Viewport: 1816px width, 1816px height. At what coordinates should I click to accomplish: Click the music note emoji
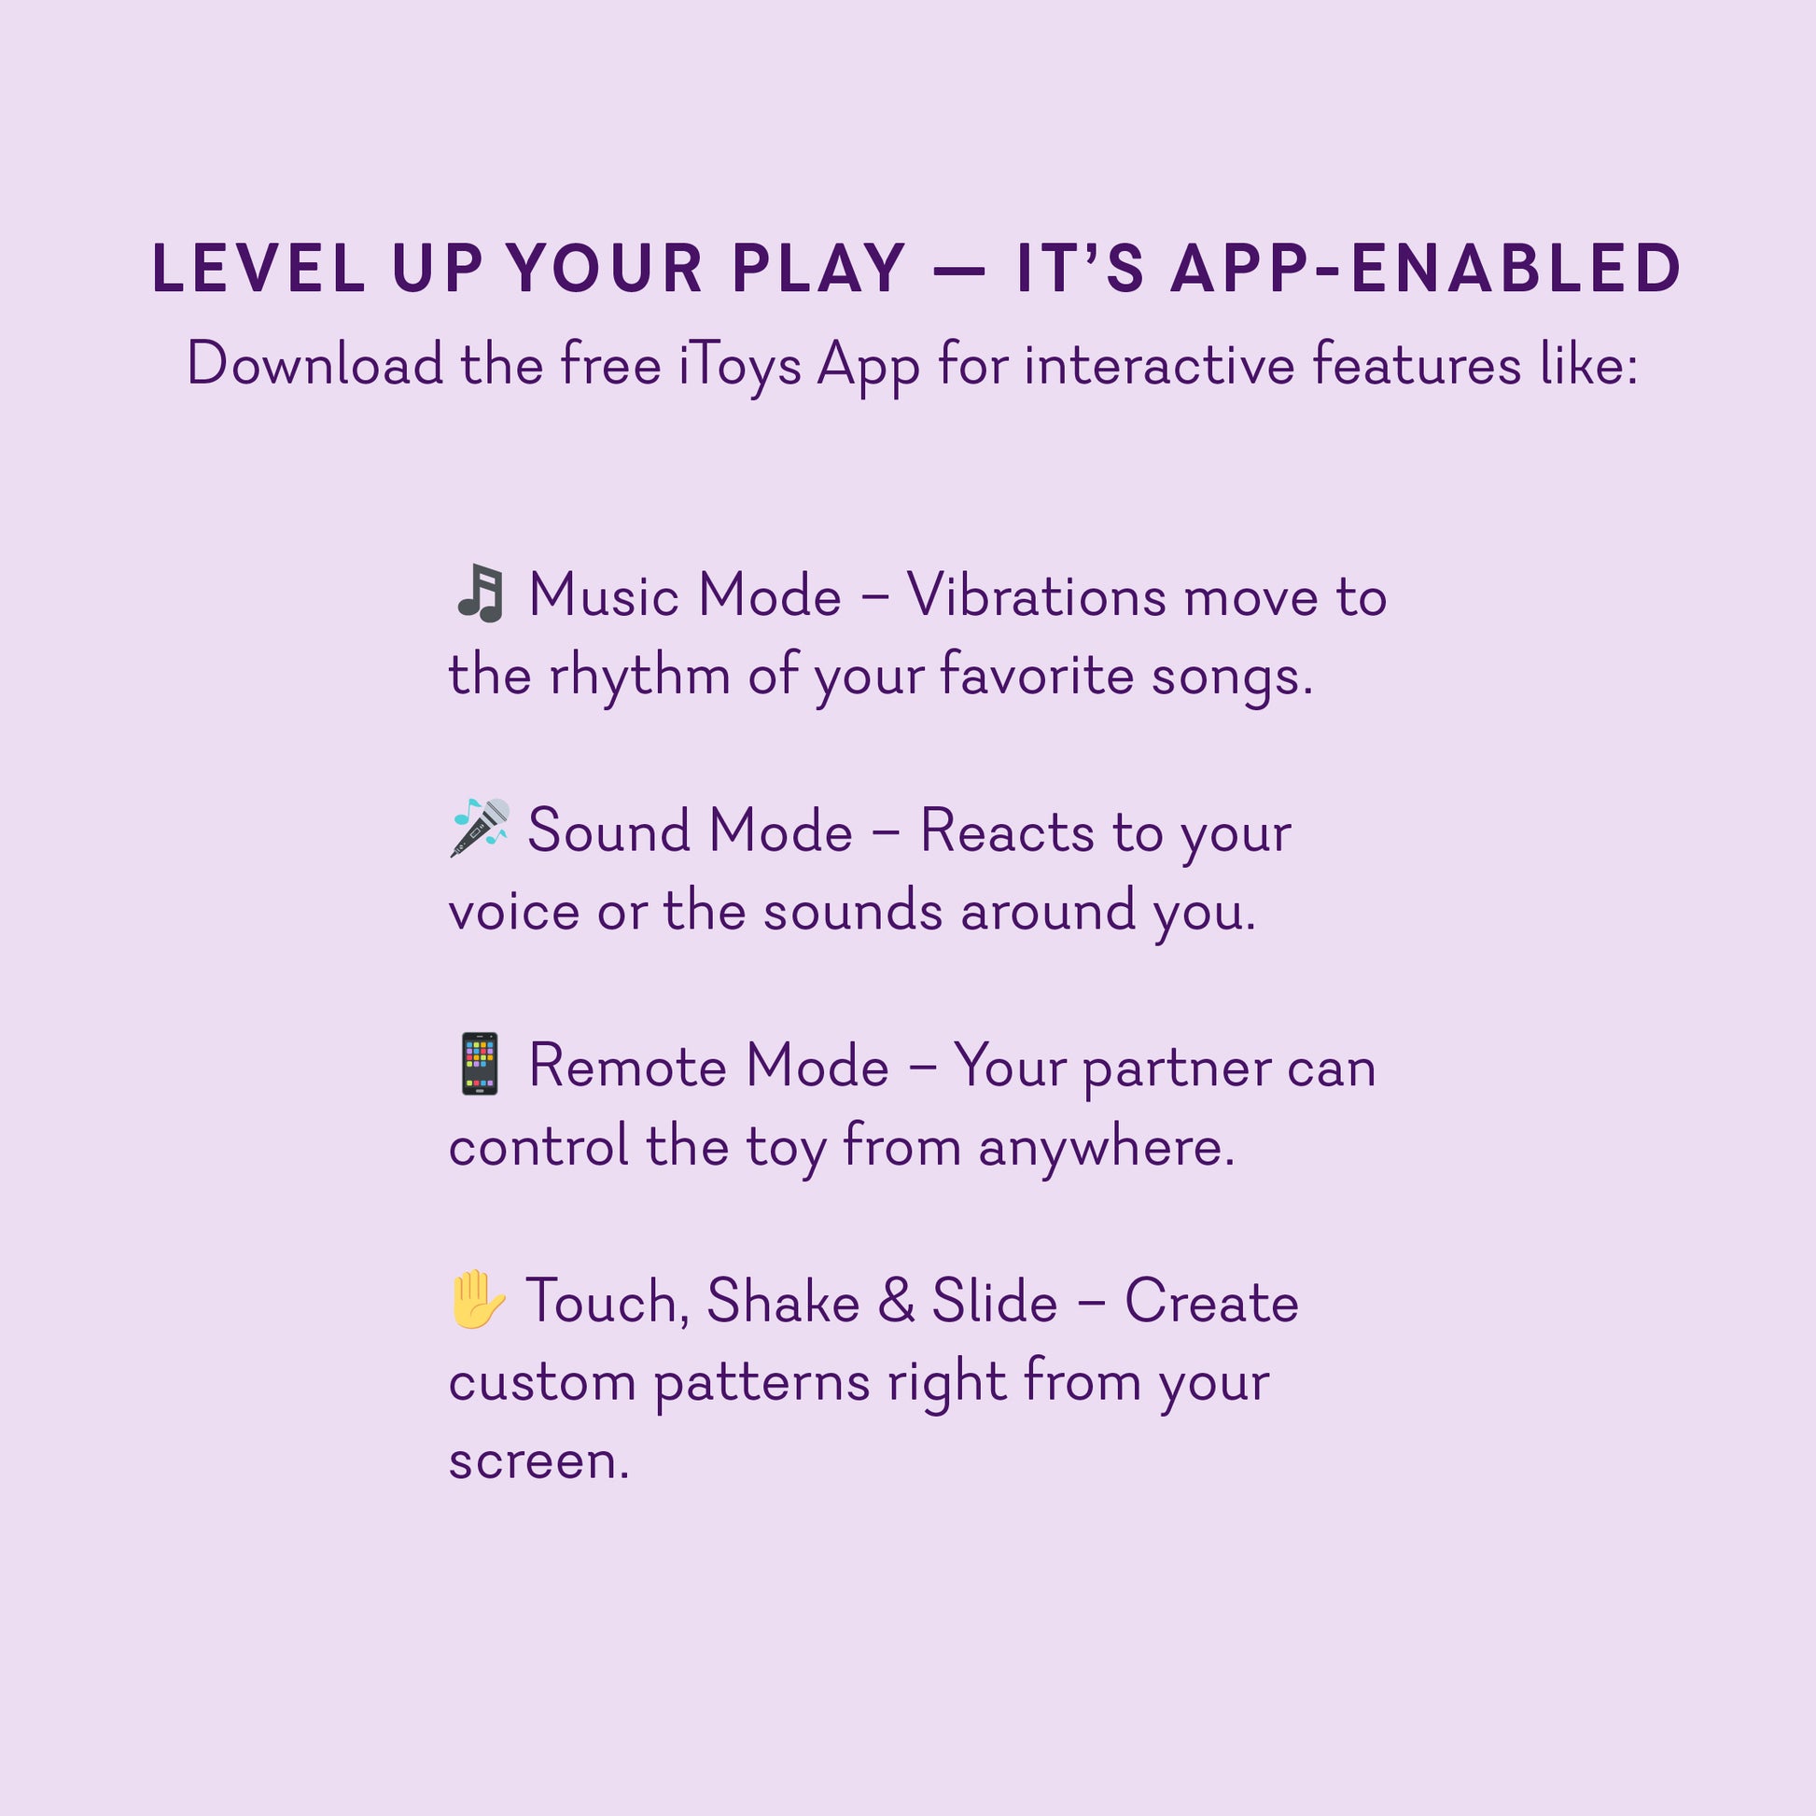tap(480, 594)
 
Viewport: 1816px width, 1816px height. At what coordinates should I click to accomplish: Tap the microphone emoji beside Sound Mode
tap(480, 828)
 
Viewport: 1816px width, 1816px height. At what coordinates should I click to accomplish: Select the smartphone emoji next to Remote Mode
tap(480, 1064)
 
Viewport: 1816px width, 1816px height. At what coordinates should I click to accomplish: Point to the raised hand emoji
tap(479, 1299)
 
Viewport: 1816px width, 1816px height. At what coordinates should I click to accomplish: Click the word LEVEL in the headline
tap(258, 269)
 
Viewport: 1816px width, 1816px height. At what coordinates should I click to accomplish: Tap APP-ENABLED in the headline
tap(1425, 269)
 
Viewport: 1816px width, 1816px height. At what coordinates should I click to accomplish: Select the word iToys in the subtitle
tap(740, 366)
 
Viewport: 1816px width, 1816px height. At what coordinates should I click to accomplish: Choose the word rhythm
tap(639, 677)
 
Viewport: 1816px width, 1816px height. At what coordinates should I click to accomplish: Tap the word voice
tap(514, 912)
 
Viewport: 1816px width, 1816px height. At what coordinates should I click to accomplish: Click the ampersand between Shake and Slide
tap(897, 1302)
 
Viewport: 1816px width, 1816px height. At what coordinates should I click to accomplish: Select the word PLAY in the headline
tap(818, 269)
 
